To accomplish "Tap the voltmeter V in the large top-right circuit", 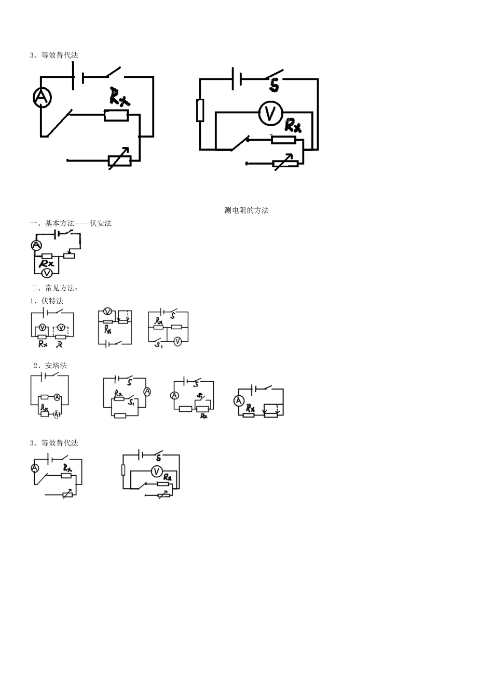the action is click(270, 114).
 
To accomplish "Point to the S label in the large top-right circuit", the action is click(275, 85).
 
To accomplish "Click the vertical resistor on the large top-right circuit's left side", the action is click(200, 110).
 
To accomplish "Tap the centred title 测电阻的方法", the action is click(246, 210).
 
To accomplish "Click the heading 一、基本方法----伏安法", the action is click(71, 223).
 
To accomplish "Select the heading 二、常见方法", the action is click(54, 288).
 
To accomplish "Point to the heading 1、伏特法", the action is click(47, 301).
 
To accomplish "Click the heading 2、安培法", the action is click(50, 366).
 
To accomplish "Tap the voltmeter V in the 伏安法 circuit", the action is click(46, 272).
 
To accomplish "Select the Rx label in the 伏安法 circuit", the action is click(47, 264).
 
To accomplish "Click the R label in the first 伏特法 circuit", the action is click(60, 344).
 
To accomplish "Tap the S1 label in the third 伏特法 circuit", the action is click(159, 345).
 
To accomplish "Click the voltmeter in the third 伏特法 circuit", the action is click(177, 341).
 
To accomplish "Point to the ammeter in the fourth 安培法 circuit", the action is click(239, 400).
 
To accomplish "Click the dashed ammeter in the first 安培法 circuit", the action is click(57, 414).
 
